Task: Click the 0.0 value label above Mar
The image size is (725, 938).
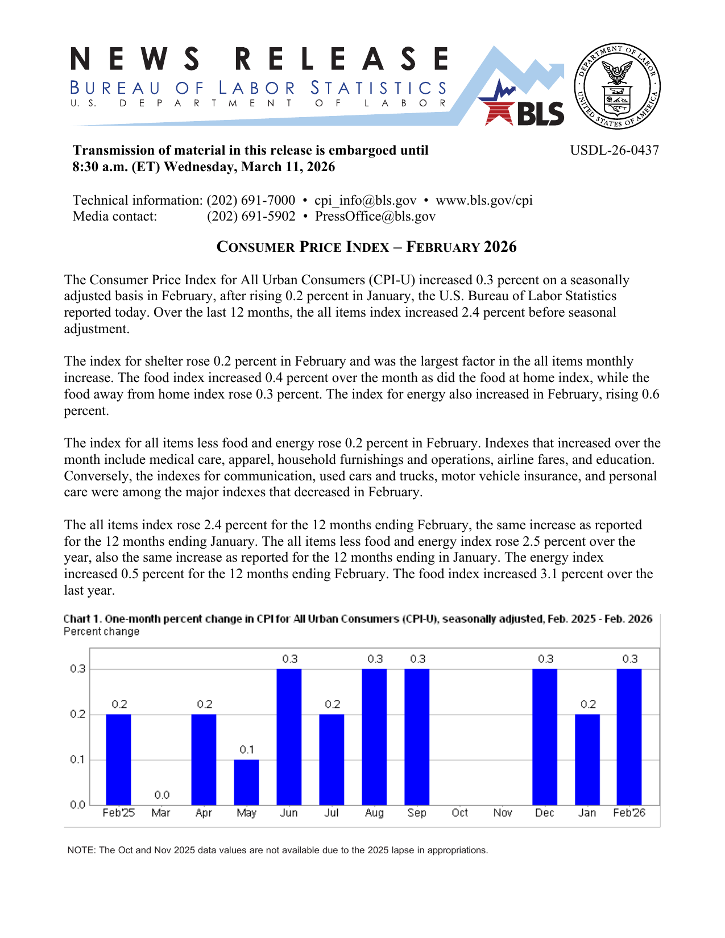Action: pos(162,795)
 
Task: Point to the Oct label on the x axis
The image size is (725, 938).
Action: pos(459,813)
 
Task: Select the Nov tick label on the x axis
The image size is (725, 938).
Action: pos(503,813)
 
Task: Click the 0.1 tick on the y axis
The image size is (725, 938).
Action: pos(78,759)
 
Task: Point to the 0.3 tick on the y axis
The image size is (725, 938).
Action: pos(78,669)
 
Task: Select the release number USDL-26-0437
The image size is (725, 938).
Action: pos(614,150)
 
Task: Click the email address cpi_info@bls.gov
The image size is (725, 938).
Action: pos(365,200)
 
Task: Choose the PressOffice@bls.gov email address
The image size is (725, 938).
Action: pos(375,216)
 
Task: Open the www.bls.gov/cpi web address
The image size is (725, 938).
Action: pos(484,200)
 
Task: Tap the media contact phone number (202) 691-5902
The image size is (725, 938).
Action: pos(251,216)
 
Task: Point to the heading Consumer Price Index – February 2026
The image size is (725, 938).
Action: pos(366,247)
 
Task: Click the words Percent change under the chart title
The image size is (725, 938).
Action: pos(101,632)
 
